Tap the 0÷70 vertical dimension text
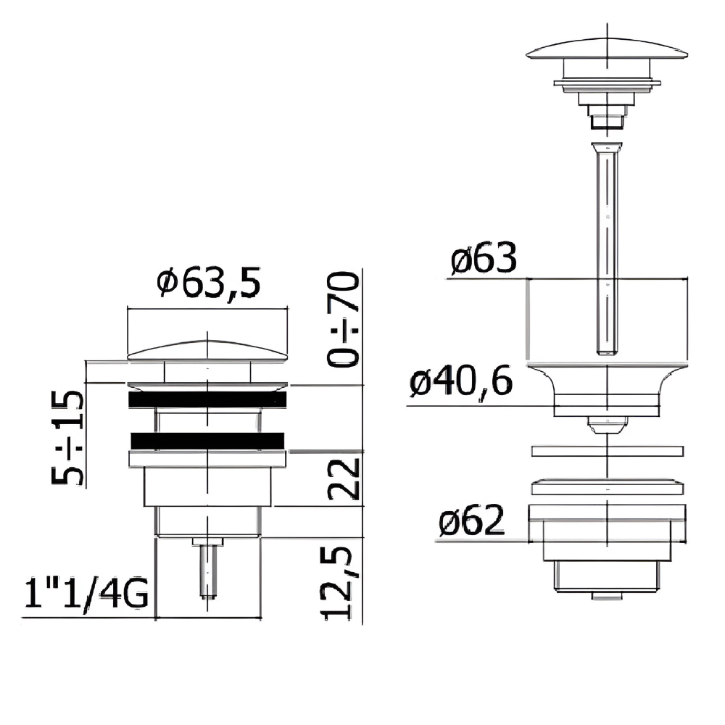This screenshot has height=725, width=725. point(343,320)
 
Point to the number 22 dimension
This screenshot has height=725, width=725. point(343,479)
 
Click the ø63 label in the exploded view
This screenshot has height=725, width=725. point(484,258)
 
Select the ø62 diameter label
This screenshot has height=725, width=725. point(472,520)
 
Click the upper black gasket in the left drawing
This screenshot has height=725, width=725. point(207,399)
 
